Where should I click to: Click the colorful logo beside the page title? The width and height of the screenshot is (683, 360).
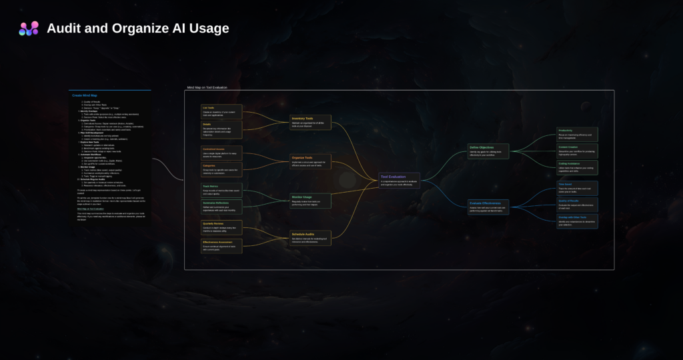pos(29,29)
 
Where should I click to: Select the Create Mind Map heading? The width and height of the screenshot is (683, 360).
pos(85,95)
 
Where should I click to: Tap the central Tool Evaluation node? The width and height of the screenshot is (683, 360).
pos(400,180)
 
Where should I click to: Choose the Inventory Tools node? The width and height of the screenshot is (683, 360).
pos(310,122)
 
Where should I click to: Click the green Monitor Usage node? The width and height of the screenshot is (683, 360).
pos(310,200)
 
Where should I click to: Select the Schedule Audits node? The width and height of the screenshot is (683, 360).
pos(310,238)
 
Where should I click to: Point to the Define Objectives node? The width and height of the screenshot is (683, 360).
pos(488,151)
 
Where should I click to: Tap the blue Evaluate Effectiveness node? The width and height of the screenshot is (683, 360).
pos(488,207)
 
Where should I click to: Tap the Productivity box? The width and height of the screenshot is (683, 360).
pos(577,134)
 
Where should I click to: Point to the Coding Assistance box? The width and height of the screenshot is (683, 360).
pos(577,167)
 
